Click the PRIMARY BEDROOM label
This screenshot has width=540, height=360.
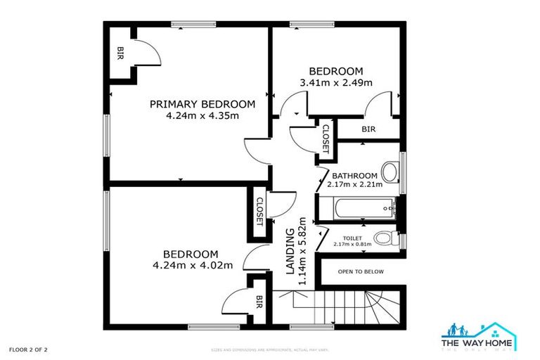pos(202,104)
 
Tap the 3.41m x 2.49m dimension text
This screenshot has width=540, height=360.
pos(336,83)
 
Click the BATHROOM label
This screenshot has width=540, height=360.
pos(355,176)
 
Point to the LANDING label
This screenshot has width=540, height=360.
pos(290,251)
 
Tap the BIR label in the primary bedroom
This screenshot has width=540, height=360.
pos(121,52)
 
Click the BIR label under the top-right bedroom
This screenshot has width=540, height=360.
pos(368,129)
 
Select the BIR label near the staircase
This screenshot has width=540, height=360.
pos(259,302)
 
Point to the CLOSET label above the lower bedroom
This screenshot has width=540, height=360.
pos(259,210)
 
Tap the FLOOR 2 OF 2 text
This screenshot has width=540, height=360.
pos(28,349)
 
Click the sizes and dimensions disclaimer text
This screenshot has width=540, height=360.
pos(270,349)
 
